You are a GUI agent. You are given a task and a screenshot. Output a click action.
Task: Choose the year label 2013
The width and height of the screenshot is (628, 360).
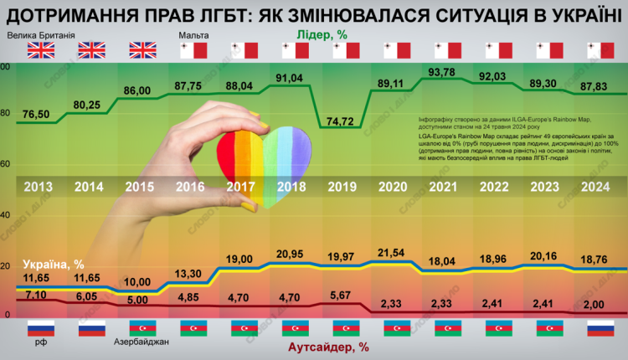39,187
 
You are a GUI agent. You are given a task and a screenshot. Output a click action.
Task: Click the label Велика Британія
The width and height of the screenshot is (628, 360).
40,36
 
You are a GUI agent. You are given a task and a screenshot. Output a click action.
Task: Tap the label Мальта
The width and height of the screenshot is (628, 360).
193,36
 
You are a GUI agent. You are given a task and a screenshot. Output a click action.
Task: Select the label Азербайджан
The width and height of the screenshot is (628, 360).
140,342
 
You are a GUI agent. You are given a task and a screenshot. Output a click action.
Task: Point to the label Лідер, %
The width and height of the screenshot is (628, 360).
322,35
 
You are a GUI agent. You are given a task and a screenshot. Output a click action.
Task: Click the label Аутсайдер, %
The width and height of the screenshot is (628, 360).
329,345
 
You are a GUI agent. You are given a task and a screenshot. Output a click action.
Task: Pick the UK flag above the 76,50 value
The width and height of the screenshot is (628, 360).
40,51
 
